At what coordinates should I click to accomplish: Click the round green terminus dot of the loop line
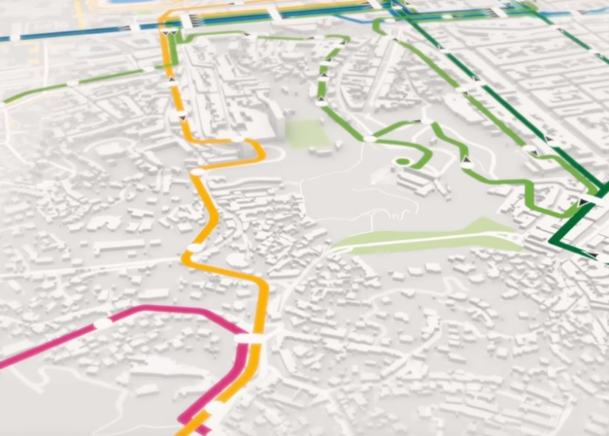[x=401, y=162]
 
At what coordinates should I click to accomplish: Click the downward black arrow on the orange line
[x=182, y=118]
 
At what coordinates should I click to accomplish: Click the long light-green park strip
[x=426, y=237]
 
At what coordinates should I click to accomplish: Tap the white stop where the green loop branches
[x=369, y=139]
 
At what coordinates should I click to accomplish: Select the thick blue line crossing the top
[x=81, y=35]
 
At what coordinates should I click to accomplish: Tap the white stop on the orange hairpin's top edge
[x=237, y=140]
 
